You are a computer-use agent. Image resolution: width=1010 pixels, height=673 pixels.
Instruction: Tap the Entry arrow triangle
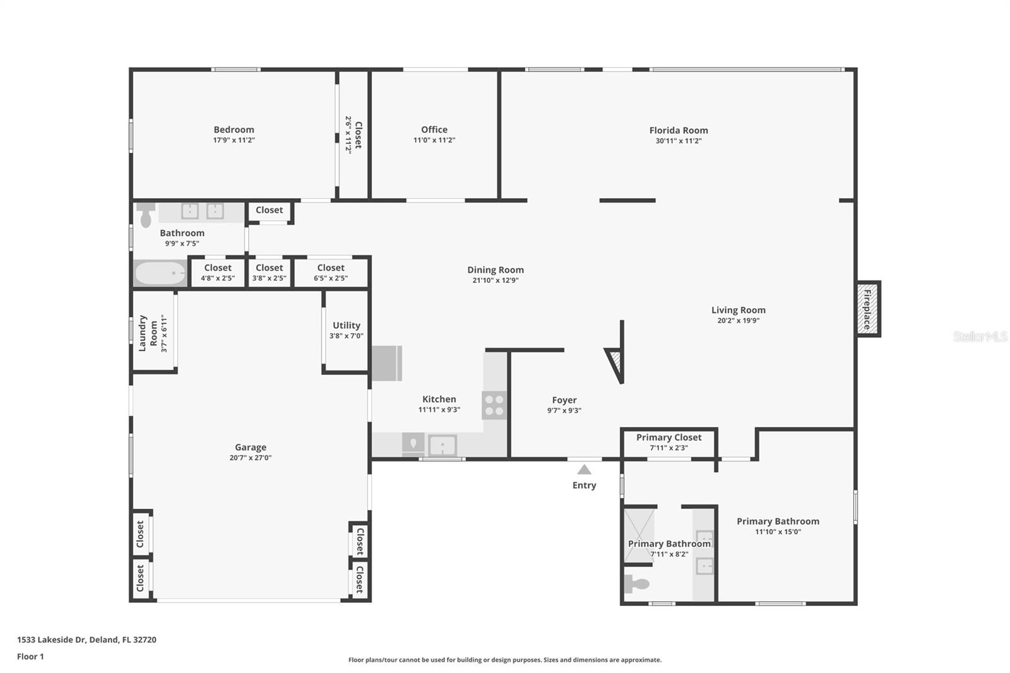(x=584, y=470)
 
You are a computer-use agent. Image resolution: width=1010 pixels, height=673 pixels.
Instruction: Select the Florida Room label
(x=679, y=131)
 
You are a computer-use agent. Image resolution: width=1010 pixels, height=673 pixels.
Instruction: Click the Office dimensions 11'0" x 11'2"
(x=434, y=140)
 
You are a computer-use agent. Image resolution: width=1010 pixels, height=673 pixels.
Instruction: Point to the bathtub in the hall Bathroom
(x=160, y=273)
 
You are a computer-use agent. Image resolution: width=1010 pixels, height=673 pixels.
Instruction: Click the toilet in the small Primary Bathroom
(x=636, y=584)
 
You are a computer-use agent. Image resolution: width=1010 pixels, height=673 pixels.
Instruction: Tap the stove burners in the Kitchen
(x=494, y=405)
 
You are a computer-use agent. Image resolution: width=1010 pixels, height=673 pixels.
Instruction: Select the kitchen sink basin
(x=443, y=446)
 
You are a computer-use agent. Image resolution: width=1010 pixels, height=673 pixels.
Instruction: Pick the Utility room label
(x=347, y=325)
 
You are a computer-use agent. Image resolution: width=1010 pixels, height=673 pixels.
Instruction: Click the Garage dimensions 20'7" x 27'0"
(x=251, y=458)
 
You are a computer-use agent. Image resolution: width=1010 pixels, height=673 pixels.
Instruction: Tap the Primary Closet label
(x=668, y=437)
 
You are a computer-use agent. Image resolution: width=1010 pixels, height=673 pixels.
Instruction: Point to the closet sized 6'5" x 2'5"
(x=331, y=272)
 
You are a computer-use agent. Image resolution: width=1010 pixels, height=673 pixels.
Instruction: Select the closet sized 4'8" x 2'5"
(x=218, y=272)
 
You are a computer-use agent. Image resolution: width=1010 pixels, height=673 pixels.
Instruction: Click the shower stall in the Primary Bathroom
(x=638, y=534)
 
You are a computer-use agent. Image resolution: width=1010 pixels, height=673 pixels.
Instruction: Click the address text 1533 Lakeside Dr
(x=52, y=640)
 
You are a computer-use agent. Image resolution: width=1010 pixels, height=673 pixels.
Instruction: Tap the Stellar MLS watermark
(x=980, y=336)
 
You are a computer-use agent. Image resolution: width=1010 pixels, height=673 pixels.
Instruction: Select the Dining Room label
(x=496, y=270)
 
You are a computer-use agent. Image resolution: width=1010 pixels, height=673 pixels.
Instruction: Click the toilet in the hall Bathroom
(x=146, y=215)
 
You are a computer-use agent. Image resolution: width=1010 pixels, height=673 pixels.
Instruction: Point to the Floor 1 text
(x=30, y=657)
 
